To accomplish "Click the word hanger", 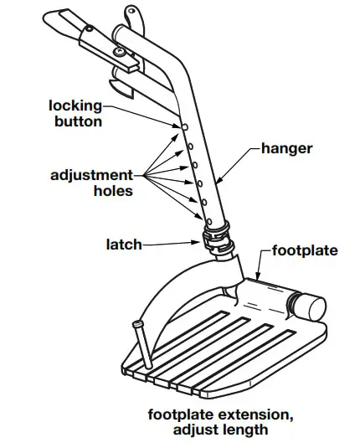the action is pyautogui.click(x=287, y=149).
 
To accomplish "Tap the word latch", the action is pyautogui.click(x=124, y=245).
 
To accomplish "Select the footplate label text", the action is pyautogui.click(x=305, y=250).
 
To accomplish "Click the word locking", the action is pyautogui.click(x=75, y=106).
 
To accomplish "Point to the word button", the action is pyautogui.click(x=78, y=121).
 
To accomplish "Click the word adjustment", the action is pyautogui.click(x=92, y=175).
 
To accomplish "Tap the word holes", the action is pyautogui.click(x=113, y=191).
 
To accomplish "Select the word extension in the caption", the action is pyautogui.click(x=255, y=415).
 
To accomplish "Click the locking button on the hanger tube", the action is pyautogui.click(x=184, y=126).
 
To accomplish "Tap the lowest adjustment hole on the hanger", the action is pyautogui.click(x=209, y=221).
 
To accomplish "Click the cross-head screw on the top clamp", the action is pyautogui.click(x=119, y=52).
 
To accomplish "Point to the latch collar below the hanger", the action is pyautogui.click(x=219, y=239).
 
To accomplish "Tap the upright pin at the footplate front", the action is pyautogui.click(x=142, y=344).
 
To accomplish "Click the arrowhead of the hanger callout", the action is pyautogui.click(x=219, y=180).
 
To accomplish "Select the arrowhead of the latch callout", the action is pyautogui.click(x=196, y=242).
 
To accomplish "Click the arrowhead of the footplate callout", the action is pyautogui.click(x=258, y=276).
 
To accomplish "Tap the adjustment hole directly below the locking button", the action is pyautogui.click(x=190, y=147).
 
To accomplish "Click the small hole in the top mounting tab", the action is pyautogui.click(x=131, y=11).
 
